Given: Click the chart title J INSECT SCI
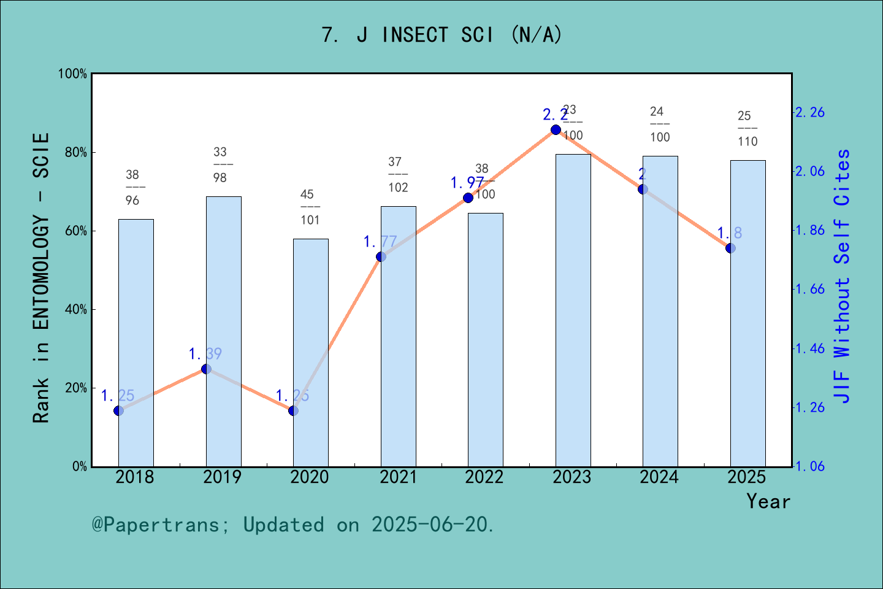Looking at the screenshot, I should pos(442,35).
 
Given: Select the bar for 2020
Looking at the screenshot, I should pos(310,353).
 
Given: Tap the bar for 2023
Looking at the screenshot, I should pos(573,310).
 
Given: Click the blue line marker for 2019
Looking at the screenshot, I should pos(207,369).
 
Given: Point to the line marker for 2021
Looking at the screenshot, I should pos(381,256).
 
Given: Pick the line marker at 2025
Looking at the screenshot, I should pos(730,248).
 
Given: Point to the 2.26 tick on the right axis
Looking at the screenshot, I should pos(810,112).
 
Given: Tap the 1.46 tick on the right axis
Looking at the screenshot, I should pos(810,348).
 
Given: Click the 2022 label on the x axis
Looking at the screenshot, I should pos(484,477).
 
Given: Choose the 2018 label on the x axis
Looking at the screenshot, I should pos(135,477).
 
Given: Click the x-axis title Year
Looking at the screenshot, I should pos(768,501).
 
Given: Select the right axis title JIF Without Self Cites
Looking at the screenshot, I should pos(843,276).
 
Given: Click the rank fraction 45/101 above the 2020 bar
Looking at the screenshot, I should pos(310,207).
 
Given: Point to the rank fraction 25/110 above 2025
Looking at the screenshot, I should pos(747,128).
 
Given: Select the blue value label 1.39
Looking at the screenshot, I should pos(205,354).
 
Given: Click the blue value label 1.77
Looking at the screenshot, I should pos(380,242).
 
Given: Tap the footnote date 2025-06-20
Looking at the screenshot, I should pos(432,525).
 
